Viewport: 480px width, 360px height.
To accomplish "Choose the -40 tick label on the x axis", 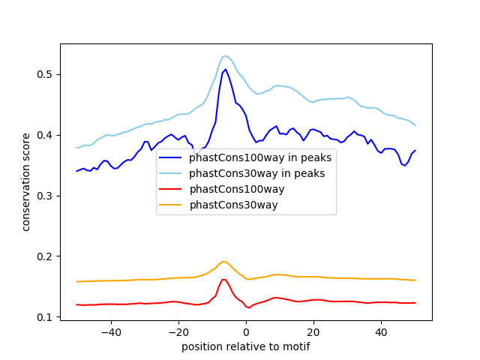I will tap(110, 331).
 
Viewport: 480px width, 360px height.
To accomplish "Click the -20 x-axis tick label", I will tap(178, 331).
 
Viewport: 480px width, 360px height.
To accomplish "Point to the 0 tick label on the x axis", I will tap(246, 331).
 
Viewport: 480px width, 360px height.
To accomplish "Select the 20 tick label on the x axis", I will tap(313, 331).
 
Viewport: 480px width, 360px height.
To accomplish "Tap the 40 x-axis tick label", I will tap(381, 331).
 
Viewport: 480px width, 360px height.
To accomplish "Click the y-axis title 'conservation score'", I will tap(26, 181).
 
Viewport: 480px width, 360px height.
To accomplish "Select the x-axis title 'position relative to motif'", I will tap(245, 346).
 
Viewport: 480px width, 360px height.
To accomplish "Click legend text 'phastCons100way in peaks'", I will tap(260, 158).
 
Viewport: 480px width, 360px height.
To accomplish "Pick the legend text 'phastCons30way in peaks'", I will tap(257, 174).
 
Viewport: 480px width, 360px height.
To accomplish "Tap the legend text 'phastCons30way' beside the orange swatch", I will tap(233, 205).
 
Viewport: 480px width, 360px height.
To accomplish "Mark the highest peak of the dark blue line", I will tap(226, 70).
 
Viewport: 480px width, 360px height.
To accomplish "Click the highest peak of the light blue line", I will tap(225, 55).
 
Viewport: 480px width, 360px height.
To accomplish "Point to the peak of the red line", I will tap(223, 279).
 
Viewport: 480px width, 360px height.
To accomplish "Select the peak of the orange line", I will tap(223, 262).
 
